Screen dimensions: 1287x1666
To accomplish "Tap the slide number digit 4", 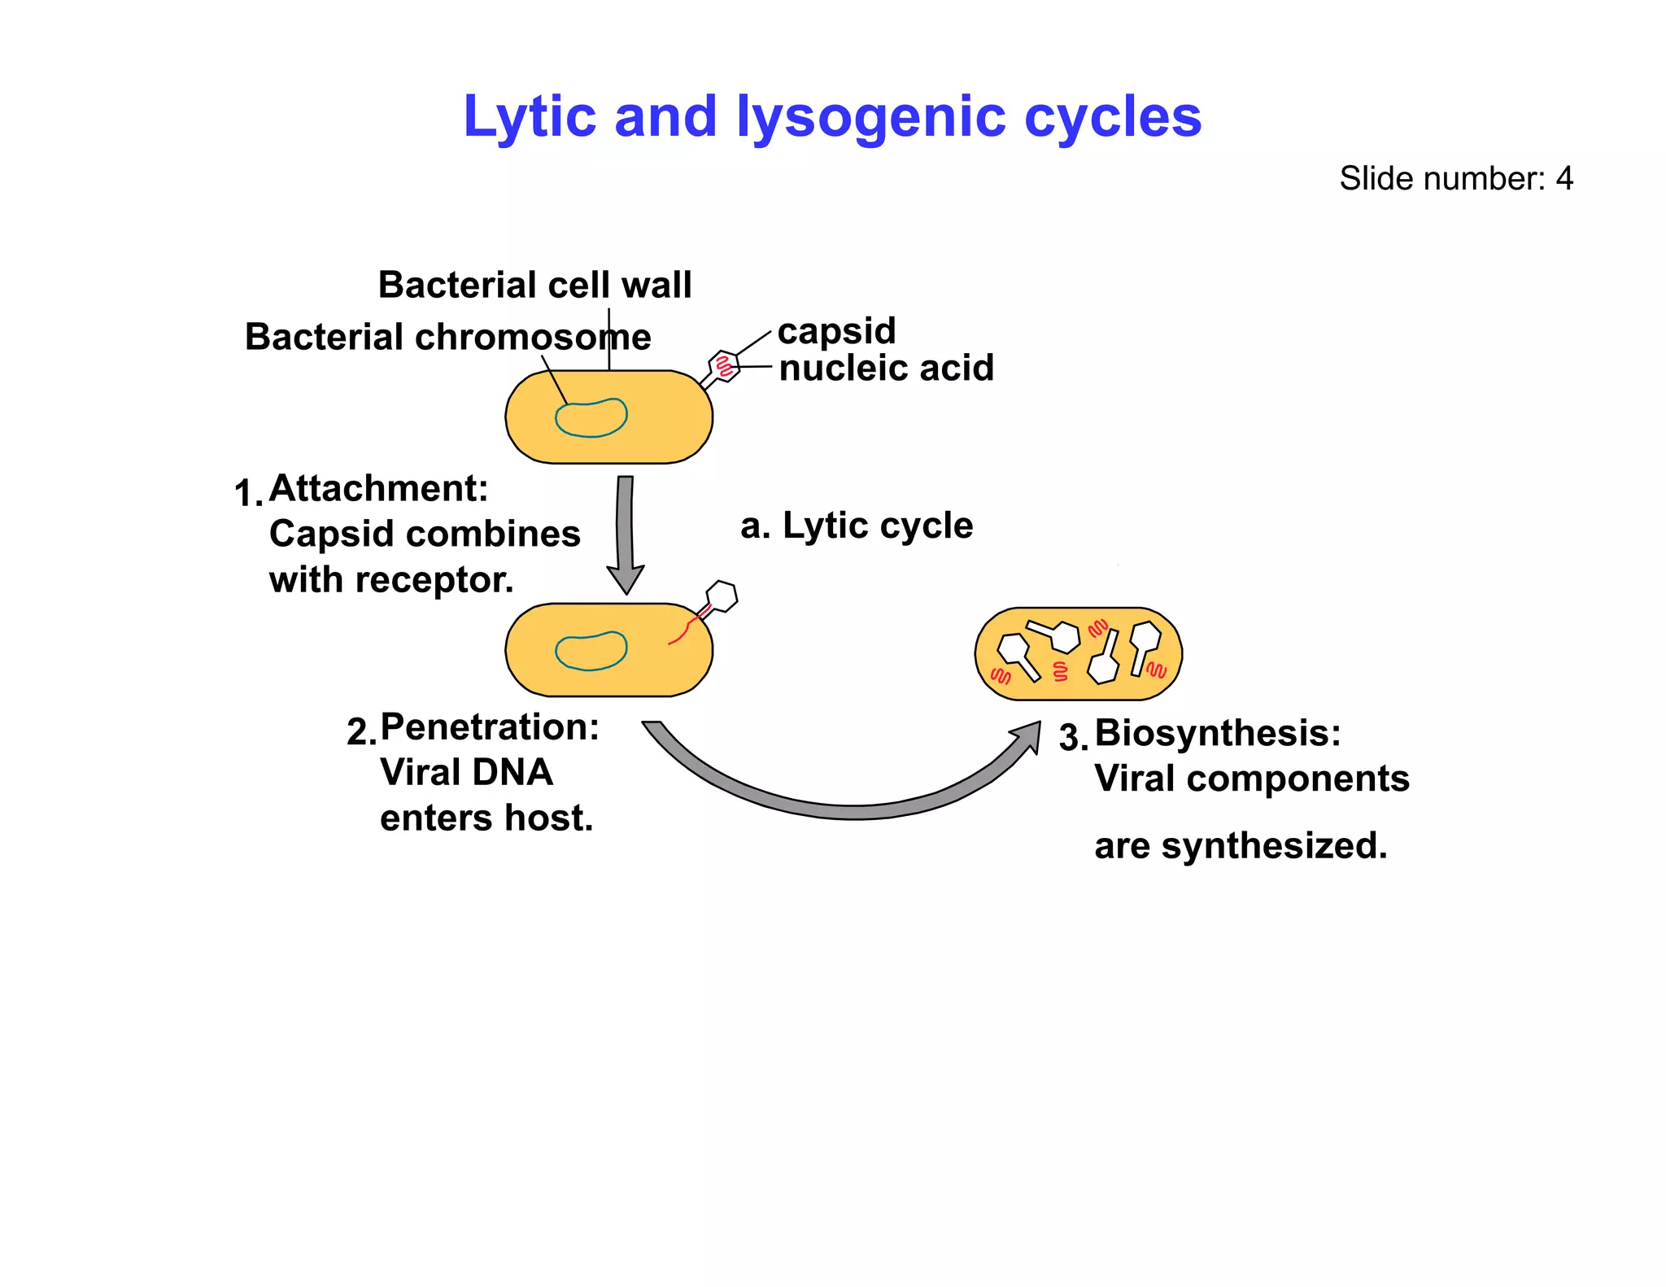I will pyautogui.click(x=1564, y=179).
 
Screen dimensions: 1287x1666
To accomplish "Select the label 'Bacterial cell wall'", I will pyautogui.click(x=534, y=286).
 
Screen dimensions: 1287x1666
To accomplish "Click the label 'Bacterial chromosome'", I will pyautogui.click(x=447, y=337).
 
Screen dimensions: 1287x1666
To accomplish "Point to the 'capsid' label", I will pyautogui.click(x=836, y=331).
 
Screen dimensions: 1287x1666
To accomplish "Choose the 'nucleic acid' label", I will pyautogui.click(x=886, y=368).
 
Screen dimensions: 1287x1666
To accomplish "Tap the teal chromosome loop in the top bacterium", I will pyautogui.click(x=591, y=418).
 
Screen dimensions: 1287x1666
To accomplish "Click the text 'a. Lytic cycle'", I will pyautogui.click(x=856, y=526).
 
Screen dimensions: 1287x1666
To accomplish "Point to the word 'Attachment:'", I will pyautogui.click(x=378, y=488).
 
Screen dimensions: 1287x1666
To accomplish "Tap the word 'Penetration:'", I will pyautogui.click(x=490, y=726).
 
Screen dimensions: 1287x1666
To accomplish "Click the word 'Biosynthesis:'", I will pyautogui.click(x=1217, y=733).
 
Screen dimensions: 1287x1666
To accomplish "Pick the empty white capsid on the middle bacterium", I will pyautogui.click(x=722, y=596).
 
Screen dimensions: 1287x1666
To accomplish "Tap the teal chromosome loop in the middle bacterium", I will pyautogui.click(x=591, y=651).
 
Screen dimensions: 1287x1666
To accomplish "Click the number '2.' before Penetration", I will pyautogui.click(x=360, y=731).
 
